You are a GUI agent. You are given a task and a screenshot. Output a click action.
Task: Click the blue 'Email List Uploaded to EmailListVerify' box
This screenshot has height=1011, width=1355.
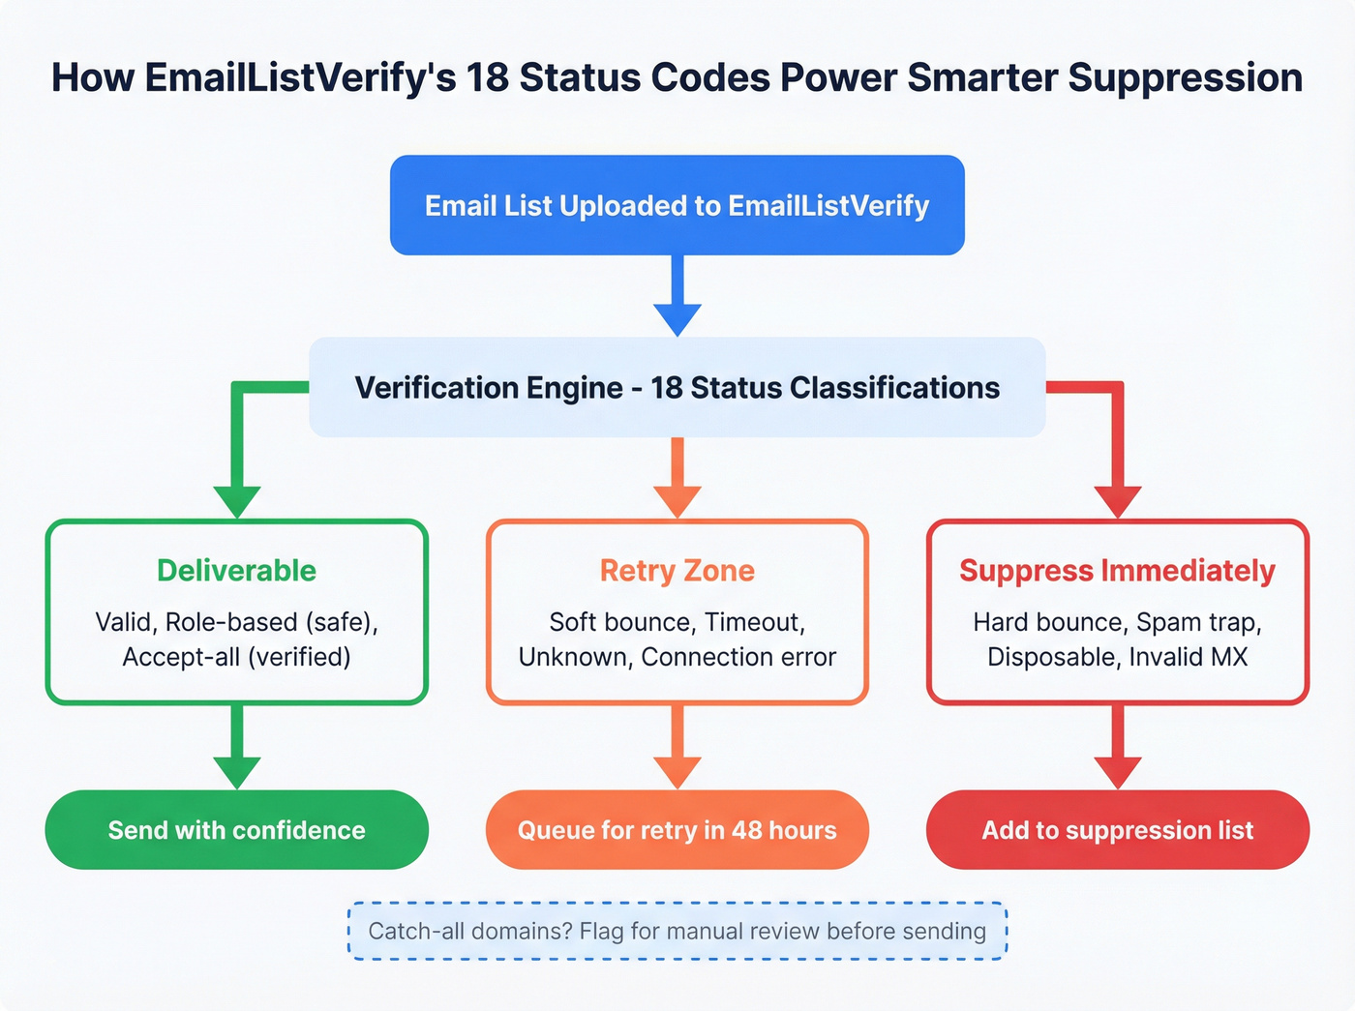[677, 205]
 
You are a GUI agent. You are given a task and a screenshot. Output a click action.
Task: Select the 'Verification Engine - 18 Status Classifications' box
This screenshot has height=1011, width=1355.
[677, 387]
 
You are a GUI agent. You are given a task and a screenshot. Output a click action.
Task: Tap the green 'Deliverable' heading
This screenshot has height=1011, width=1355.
[236, 570]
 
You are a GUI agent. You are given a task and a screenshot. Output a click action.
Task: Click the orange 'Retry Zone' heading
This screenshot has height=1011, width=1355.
[677, 570]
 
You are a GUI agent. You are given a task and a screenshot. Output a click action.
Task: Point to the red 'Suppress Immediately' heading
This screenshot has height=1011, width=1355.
[1117, 570]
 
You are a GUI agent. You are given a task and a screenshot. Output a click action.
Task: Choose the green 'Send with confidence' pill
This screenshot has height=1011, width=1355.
[236, 830]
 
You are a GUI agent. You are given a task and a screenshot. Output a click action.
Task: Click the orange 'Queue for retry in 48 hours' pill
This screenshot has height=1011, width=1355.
[677, 830]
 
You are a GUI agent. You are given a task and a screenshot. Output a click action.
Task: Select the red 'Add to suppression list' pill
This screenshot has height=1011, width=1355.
[1117, 830]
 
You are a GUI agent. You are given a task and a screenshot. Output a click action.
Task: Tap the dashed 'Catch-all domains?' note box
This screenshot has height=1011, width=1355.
[677, 931]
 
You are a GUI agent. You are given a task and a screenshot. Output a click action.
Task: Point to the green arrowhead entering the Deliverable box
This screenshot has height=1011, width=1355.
[237, 500]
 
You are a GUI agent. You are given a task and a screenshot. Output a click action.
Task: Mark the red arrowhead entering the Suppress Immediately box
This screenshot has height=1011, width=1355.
[1118, 500]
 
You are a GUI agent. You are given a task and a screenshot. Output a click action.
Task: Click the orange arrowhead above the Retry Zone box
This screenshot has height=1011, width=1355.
[677, 500]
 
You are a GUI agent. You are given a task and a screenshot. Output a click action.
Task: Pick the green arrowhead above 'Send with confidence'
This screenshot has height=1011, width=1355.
[237, 771]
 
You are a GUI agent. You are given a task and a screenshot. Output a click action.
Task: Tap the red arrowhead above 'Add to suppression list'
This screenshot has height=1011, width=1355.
[1118, 771]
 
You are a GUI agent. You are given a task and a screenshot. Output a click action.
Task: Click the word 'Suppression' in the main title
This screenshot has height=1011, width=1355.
[1185, 77]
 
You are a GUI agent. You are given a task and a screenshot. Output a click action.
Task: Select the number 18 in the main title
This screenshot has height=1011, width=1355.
[487, 77]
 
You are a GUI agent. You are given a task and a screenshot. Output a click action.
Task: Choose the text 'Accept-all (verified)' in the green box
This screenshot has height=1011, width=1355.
[236, 657]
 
